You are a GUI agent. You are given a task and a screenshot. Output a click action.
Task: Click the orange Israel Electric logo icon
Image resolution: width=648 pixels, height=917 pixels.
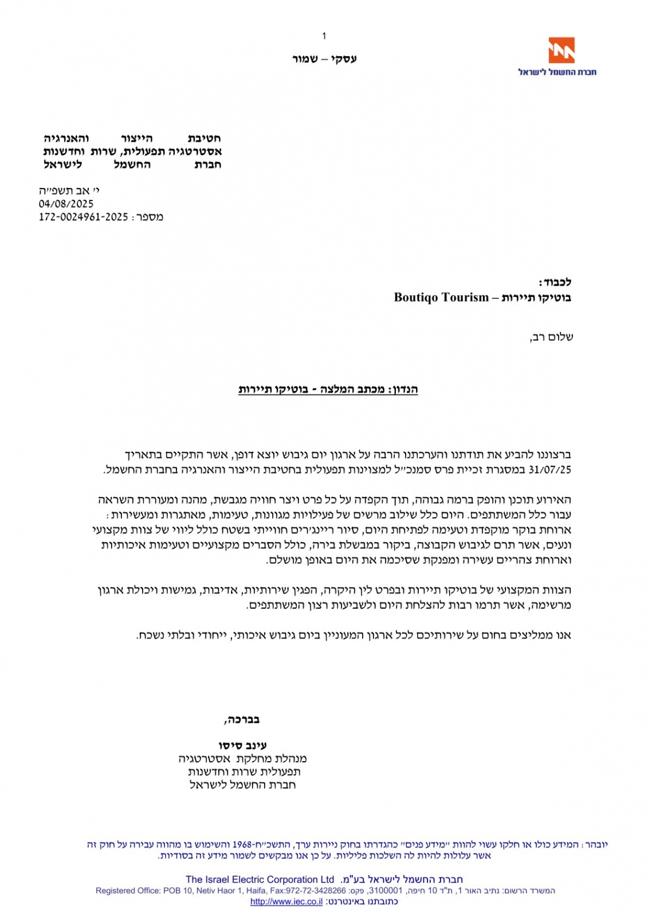tap(561, 50)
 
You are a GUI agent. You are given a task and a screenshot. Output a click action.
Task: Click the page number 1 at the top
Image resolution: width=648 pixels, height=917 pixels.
tap(324, 36)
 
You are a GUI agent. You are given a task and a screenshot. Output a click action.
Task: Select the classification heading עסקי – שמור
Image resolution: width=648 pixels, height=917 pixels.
tap(324, 58)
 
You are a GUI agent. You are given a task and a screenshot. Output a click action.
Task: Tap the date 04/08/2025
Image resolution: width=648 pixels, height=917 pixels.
tap(66, 203)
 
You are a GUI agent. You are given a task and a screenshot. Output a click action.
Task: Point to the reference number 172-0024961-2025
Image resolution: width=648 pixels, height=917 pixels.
tap(83, 217)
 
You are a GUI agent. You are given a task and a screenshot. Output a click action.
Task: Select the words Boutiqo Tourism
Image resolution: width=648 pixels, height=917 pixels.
tap(441, 297)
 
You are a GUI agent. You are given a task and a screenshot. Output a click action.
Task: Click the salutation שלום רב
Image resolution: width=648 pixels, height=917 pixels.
tap(551, 336)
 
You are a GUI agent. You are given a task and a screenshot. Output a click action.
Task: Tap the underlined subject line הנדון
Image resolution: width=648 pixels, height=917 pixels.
tap(328, 390)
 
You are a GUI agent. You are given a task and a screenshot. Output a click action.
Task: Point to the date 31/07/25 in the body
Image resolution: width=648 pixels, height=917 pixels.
tap(550, 469)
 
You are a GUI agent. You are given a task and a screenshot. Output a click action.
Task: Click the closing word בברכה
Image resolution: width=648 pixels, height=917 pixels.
tap(242, 719)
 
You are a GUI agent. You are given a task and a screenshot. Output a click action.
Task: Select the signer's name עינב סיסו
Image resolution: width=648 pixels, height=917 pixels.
tap(242, 745)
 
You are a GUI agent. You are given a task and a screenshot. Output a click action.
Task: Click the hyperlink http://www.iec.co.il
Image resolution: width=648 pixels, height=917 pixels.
tap(286, 902)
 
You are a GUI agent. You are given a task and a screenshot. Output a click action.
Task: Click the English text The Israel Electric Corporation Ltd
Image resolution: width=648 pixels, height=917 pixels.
tap(260, 879)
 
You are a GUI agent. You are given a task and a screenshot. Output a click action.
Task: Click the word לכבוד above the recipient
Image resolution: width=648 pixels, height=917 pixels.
tap(555, 282)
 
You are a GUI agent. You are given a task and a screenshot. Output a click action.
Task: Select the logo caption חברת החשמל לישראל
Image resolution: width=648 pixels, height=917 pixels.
tap(557, 72)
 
